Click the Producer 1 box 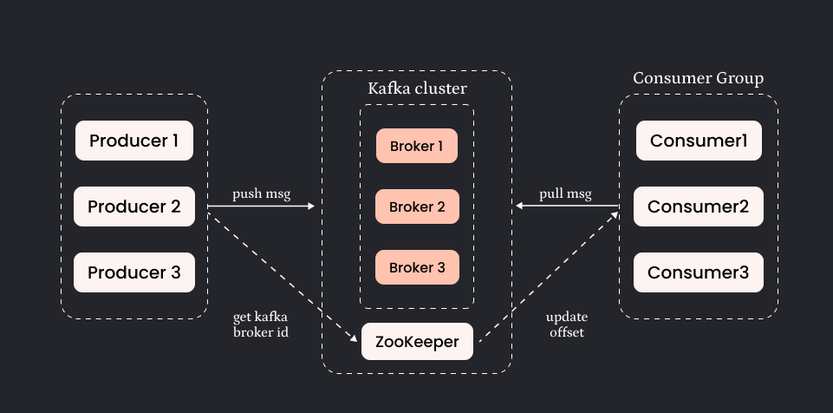(x=134, y=141)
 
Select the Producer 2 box (x=134, y=206)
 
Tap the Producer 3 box (x=134, y=272)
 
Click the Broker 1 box (x=416, y=146)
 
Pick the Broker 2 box (x=416, y=207)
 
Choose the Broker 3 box (x=416, y=268)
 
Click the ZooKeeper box (x=417, y=341)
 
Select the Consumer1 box (x=699, y=141)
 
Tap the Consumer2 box (x=699, y=206)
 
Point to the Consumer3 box (x=699, y=272)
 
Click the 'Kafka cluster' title (x=417, y=89)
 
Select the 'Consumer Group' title (x=698, y=79)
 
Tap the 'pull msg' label (x=565, y=193)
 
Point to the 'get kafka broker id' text (x=260, y=324)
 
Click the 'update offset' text (x=566, y=324)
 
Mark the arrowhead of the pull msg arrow (x=519, y=206)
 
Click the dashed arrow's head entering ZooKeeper (x=355, y=338)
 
